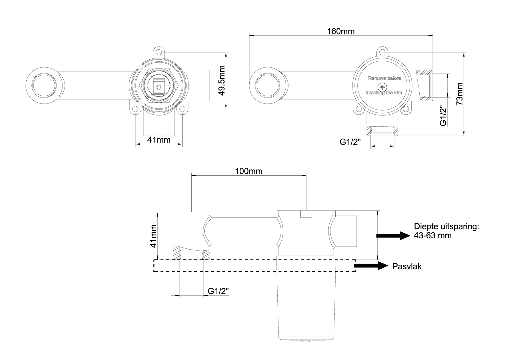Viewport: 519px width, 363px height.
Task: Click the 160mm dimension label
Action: [x=341, y=31]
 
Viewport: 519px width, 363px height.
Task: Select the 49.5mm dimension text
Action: [x=221, y=80]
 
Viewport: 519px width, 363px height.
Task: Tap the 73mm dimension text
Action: [x=460, y=94]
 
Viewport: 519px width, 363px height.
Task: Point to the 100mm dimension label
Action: [x=249, y=171]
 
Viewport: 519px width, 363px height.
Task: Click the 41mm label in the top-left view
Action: [x=159, y=140]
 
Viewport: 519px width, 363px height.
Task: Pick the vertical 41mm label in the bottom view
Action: [x=154, y=236]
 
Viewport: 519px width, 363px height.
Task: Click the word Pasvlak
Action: [x=407, y=266]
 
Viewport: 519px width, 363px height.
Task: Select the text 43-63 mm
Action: [x=432, y=236]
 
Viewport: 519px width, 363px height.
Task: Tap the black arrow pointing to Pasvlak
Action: [x=371, y=266]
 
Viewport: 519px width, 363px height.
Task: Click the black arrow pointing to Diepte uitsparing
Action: [x=393, y=236]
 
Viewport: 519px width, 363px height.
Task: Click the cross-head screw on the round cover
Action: [x=382, y=87]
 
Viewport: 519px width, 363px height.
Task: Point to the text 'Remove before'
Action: [x=384, y=78]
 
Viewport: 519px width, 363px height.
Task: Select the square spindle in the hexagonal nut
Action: [x=159, y=87]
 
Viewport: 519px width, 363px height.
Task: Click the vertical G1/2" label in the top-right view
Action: [x=443, y=116]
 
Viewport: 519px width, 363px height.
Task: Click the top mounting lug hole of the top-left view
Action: [x=159, y=52]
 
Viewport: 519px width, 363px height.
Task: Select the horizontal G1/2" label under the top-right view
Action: [x=350, y=142]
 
